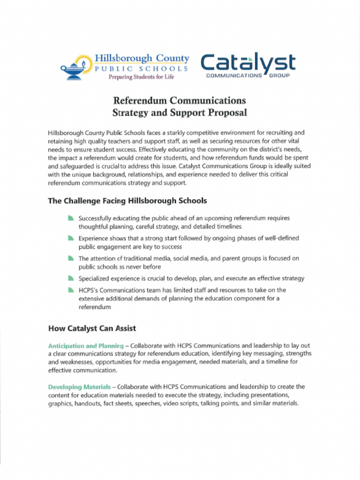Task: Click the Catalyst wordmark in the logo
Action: (x=248, y=63)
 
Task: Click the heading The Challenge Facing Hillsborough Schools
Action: (x=127, y=201)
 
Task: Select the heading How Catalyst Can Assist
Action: (x=92, y=328)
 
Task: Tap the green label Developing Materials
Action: (x=79, y=387)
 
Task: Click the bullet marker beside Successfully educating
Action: (x=71, y=218)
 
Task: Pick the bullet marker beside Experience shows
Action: (x=71, y=238)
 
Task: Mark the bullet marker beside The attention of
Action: (x=71, y=258)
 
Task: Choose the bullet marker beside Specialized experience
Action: (x=71, y=278)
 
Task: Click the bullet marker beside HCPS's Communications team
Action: (x=71, y=290)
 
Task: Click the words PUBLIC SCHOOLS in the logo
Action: (x=142, y=68)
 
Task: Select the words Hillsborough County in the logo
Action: (x=142, y=59)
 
